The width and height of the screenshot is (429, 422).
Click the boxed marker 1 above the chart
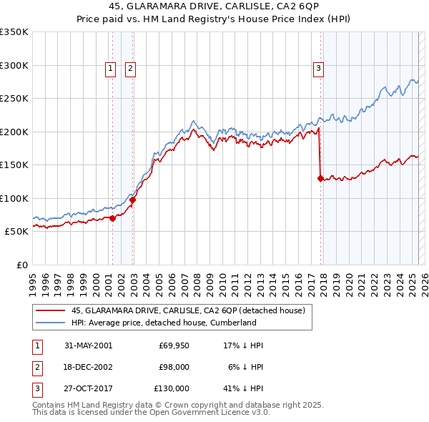(112, 69)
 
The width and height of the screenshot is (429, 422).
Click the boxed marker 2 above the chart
(131, 69)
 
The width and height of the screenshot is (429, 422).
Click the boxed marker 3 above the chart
(318, 69)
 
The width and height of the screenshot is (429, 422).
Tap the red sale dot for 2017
(320, 178)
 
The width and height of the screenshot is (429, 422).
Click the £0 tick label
(21, 265)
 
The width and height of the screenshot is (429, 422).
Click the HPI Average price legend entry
(164, 323)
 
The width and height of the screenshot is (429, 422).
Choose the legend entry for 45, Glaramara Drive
(188, 310)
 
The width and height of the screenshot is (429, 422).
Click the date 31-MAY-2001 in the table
(88, 345)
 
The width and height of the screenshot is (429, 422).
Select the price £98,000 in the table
(174, 367)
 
